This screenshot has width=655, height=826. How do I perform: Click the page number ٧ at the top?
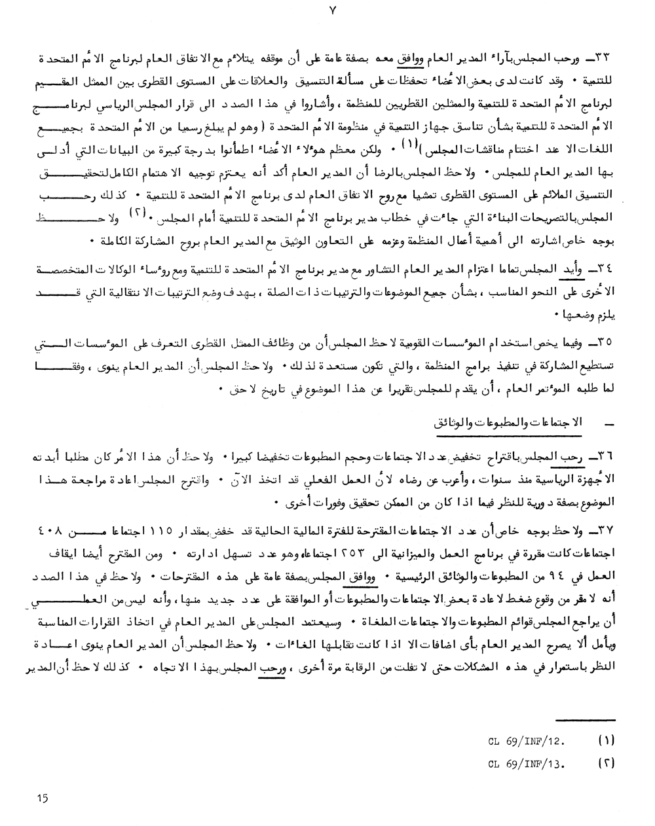tap(326, 10)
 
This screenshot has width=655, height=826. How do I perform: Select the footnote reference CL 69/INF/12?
tap(527, 743)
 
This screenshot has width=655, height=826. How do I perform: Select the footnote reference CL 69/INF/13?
tap(527, 763)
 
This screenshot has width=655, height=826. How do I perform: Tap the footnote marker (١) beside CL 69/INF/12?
tap(607, 743)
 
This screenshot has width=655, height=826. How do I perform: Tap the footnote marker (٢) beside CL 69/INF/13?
tap(607, 763)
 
